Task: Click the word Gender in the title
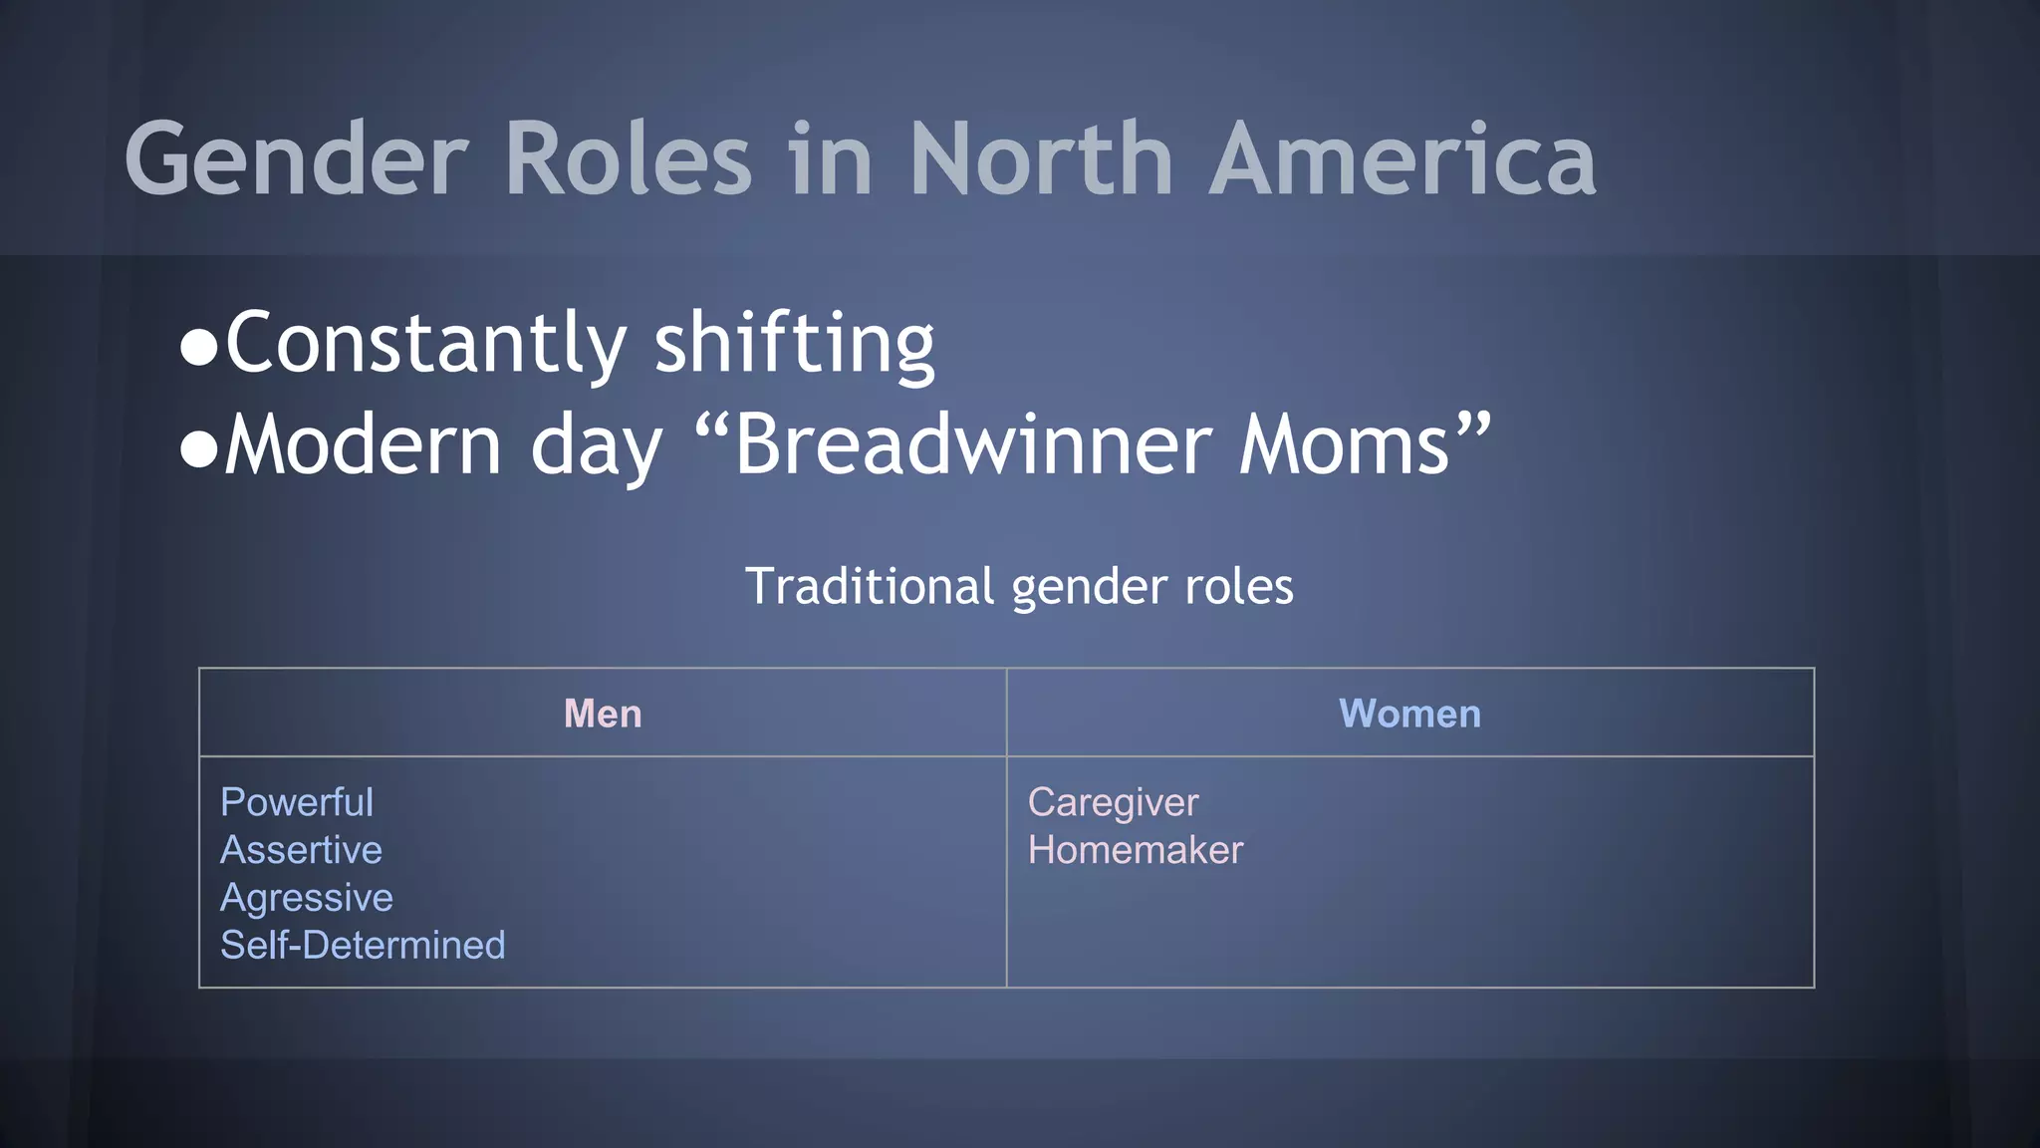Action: pyautogui.click(x=296, y=159)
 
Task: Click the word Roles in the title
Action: pyautogui.click(x=628, y=159)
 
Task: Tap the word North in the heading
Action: pyautogui.click(x=1041, y=159)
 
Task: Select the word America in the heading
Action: pyautogui.click(x=1402, y=159)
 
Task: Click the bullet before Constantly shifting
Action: pyautogui.click(x=199, y=348)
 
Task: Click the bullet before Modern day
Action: pyautogui.click(x=199, y=449)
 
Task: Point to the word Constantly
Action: pyautogui.click(x=425, y=344)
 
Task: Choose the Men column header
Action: pyautogui.click(x=603, y=714)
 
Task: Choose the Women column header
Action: pyautogui.click(x=1409, y=714)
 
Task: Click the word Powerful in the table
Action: pyautogui.click(x=297, y=802)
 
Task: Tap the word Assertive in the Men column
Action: pyautogui.click(x=301, y=850)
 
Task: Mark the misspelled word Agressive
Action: pyautogui.click(x=307, y=898)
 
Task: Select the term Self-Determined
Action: pyautogui.click(x=363, y=945)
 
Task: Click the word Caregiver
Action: pyautogui.click(x=1113, y=802)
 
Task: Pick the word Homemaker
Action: pyautogui.click(x=1136, y=850)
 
